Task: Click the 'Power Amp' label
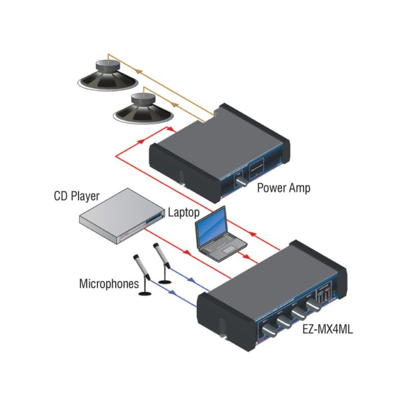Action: pyautogui.click(x=283, y=187)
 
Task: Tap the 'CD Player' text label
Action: pyautogui.click(x=77, y=196)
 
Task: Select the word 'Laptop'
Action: pyautogui.click(x=184, y=212)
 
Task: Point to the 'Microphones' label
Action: pyautogui.click(x=109, y=284)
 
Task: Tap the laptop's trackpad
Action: pyautogui.click(x=229, y=250)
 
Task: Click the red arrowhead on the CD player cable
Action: pyautogui.click(x=185, y=252)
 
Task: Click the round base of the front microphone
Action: pyautogui.click(x=144, y=294)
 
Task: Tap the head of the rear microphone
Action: pyautogui.click(x=156, y=247)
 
